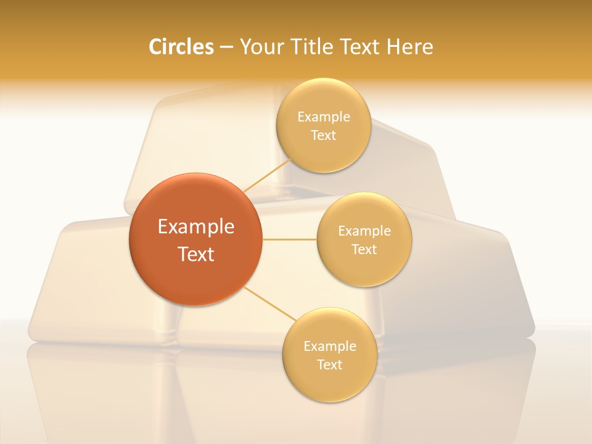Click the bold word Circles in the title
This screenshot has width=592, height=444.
181,47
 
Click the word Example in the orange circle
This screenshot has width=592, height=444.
196,227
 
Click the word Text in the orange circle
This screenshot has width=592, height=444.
196,254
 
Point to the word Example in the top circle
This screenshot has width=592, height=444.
324,117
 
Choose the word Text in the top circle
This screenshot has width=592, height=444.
323,136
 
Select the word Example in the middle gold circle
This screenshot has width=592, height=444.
364,231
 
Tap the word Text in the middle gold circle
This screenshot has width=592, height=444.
364,250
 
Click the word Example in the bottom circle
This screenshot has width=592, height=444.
330,347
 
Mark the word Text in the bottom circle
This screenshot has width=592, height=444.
329,365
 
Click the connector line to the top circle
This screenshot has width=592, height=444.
266,175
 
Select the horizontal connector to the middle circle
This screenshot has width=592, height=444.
290,239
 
